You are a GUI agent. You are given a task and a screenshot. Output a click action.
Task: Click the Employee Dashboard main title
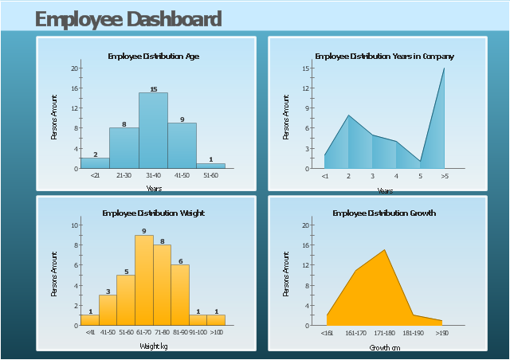click(x=128, y=19)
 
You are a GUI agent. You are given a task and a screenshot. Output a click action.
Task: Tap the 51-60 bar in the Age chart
click(x=210, y=166)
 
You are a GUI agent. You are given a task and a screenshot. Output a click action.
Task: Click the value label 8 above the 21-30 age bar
click(x=124, y=123)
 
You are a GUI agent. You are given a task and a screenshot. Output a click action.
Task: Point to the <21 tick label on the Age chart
click(x=95, y=175)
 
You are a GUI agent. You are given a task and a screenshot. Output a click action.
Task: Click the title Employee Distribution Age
click(x=153, y=57)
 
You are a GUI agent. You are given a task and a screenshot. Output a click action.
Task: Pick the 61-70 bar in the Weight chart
click(x=143, y=280)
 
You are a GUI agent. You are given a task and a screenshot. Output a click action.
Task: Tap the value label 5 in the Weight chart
click(x=126, y=272)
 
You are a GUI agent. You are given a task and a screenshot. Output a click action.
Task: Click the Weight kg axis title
click(x=153, y=346)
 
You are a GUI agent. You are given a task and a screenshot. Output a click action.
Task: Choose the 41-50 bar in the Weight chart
click(x=108, y=310)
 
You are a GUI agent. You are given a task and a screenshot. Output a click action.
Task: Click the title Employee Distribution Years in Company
click(x=384, y=57)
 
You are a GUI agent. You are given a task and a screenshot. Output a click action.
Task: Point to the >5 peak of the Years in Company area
click(x=444, y=69)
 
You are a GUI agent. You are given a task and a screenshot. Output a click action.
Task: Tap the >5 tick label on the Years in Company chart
click(x=444, y=176)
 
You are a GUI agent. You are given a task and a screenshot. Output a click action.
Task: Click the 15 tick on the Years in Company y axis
click(x=306, y=68)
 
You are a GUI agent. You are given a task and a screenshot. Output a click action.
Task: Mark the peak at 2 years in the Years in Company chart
click(x=348, y=116)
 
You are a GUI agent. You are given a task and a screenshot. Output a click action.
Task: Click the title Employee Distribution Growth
click(x=384, y=213)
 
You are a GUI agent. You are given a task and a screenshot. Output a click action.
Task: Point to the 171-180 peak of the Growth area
click(x=385, y=251)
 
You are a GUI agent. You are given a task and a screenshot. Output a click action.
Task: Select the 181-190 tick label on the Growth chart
click(x=414, y=333)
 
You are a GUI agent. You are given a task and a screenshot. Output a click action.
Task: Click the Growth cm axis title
click(x=384, y=348)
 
